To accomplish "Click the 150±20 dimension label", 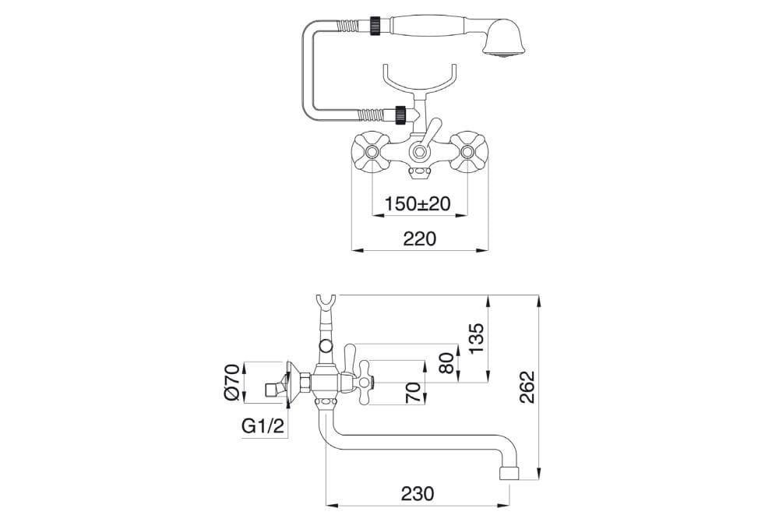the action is (418, 203).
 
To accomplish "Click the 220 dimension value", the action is (420, 238).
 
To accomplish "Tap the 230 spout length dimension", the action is (418, 493).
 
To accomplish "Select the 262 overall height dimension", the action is (527, 387).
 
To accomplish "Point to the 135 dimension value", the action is (477, 338).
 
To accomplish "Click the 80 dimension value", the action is (446, 363).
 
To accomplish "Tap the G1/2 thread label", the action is (263, 426).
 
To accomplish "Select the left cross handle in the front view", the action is (369, 151).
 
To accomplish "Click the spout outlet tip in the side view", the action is (509, 473).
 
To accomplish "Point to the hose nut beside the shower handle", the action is (376, 26).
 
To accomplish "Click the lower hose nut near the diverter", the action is (400, 115).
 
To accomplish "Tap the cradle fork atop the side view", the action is (326, 304).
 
